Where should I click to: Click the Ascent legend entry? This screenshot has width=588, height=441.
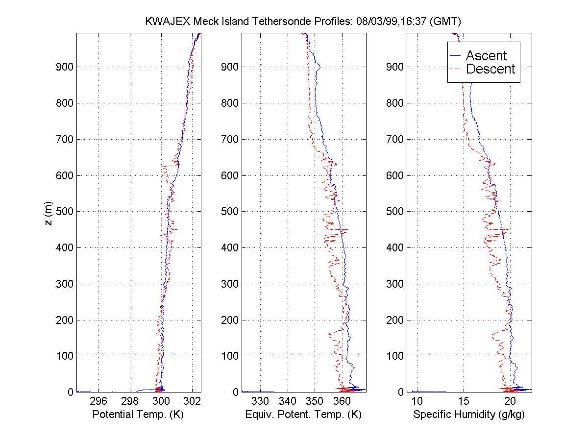[x=486, y=55]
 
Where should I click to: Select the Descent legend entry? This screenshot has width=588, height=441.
[x=490, y=69]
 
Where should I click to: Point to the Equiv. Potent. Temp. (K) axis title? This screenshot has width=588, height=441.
[x=303, y=415]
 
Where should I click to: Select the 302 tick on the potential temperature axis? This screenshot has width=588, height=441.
[x=193, y=401]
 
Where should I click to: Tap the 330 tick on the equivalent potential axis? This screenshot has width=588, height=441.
[x=260, y=401]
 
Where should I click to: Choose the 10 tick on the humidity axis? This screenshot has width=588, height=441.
[x=417, y=401]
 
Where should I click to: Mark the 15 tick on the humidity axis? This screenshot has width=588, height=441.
[x=464, y=401]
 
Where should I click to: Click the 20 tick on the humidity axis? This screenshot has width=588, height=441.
[x=510, y=401]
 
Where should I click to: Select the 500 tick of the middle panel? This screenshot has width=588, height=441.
[x=229, y=212]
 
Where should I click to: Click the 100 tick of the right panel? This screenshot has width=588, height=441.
[x=395, y=356]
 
